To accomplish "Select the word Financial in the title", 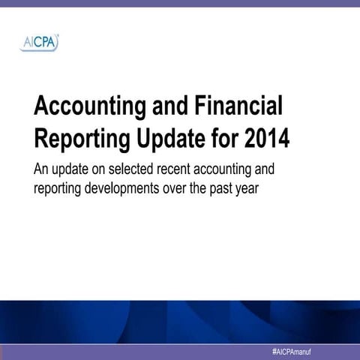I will pyautogui.click(x=240, y=107).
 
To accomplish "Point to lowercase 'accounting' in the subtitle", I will pyautogui.click(x=241, y=168).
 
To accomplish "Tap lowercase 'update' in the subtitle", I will pyautogui.click(x=75, y=168).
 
